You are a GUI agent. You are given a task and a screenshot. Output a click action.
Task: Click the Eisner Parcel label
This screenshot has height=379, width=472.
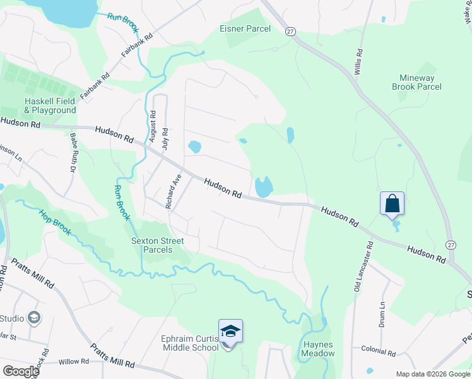(245, 28)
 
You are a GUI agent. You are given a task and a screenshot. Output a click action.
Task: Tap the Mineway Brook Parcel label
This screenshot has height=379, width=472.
(416, 82)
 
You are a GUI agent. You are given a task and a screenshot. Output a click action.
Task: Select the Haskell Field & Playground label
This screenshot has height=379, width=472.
(50, 105)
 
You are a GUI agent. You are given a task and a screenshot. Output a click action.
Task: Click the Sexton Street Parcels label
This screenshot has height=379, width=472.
(157, 245)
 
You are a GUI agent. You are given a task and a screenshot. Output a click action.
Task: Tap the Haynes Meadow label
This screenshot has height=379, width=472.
(318, 349)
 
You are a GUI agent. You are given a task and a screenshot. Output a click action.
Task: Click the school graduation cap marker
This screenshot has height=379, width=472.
(230, 331)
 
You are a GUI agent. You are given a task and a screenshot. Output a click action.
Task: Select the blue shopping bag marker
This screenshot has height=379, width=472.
(392, 203)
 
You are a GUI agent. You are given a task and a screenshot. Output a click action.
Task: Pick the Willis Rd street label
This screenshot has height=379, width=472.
(358, 62)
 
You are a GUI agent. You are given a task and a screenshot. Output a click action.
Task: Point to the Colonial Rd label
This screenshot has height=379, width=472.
(378, 348)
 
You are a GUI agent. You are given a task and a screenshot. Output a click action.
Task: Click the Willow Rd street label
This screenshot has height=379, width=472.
(74, 361)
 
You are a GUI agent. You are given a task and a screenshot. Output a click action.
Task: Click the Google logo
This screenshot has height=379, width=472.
(20, 371)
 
